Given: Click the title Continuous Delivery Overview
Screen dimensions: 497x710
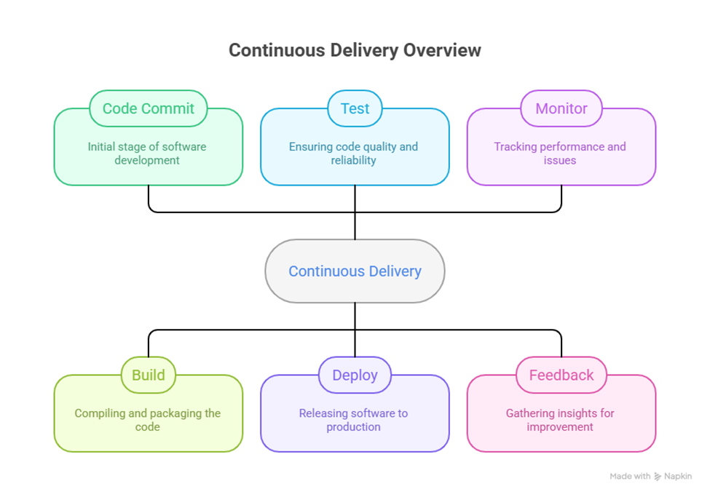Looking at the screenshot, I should (355, 50).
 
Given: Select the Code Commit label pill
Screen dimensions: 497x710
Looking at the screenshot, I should (149, 108).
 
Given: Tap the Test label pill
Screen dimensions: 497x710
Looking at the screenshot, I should (355, 108).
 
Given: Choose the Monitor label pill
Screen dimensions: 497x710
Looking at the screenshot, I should (561, 108).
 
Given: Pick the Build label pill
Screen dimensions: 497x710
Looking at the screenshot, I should (149, 375).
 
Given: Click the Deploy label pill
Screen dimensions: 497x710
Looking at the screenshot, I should (355, 375).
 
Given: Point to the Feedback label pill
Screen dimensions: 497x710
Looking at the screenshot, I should (561, 375).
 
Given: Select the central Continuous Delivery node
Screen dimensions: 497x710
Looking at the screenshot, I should (355, 271).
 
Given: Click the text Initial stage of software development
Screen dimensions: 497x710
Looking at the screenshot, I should (147, 154).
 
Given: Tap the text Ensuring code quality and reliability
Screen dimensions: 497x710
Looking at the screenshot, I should (353, 154).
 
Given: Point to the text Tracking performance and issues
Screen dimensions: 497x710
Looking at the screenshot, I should (560, 154).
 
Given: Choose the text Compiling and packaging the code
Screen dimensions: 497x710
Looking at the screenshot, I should (147, 420).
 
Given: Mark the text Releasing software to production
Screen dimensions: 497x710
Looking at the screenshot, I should (353, 420).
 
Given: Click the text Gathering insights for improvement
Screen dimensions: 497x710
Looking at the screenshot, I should (560, 420).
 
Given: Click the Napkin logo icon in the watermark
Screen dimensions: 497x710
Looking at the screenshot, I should (658, 477).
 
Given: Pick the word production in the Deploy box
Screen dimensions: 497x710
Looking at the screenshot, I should (353, 427).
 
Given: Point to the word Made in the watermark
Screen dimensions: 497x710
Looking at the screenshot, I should (620, 477).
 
